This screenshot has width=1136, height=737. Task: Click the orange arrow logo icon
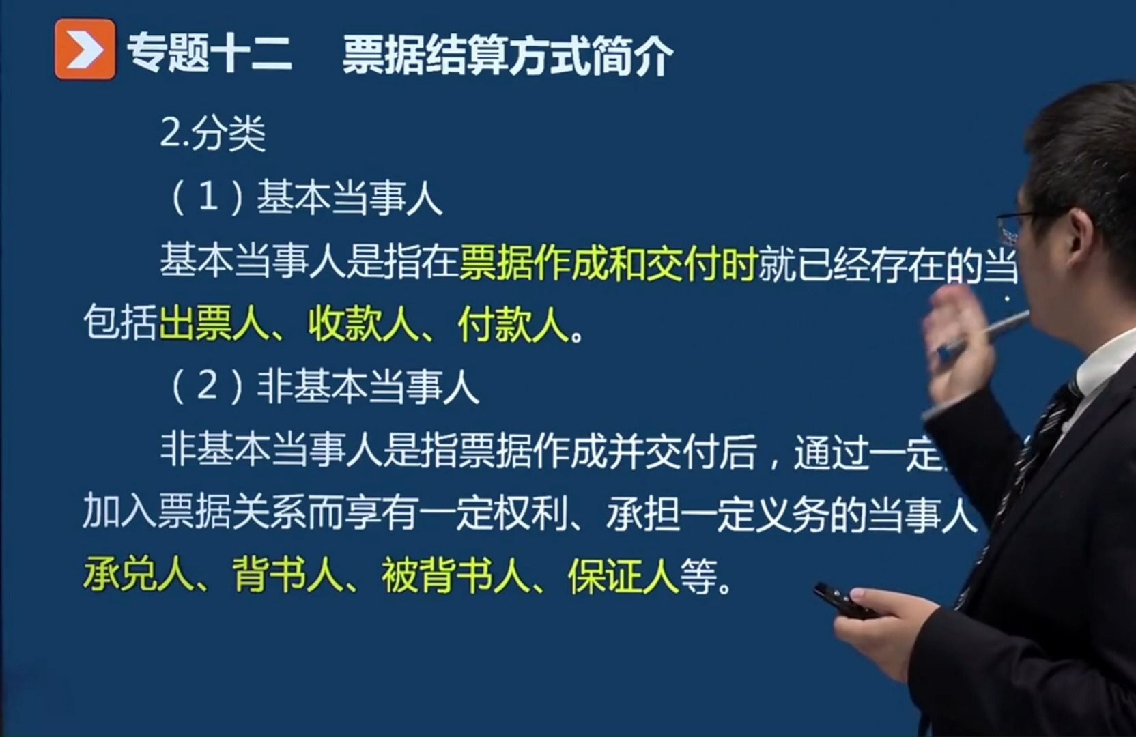click(85, 49)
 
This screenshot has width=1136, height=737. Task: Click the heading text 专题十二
click(209, 53)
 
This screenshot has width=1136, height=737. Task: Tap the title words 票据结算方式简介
click(508, 55)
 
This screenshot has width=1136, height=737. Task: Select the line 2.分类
click(212, 133)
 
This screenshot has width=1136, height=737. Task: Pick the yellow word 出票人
click(213, 323)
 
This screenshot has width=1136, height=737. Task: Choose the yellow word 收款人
click(363, 323)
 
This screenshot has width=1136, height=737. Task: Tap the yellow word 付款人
click(513, 323)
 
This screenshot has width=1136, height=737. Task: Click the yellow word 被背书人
click(456, 575)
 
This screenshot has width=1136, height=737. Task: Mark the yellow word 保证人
click(623, 575)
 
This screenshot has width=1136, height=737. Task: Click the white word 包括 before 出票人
click(120, 323)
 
